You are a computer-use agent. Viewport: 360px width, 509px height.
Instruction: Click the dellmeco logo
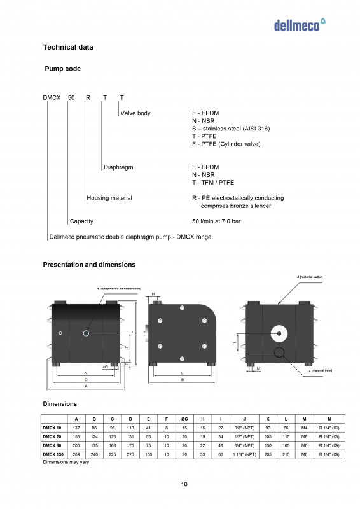coord(300,24)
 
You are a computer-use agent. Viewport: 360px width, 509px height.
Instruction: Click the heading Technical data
coord(67,48)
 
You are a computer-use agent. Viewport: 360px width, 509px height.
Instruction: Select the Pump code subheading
coord(62,69)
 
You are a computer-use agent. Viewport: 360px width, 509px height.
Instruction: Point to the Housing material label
coord(109,198)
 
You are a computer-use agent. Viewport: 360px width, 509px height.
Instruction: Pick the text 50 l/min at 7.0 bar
coord(216,221)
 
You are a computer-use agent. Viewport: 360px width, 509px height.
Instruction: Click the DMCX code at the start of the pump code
coord(52,98)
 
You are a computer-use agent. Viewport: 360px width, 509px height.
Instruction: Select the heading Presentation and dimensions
coord(89,265)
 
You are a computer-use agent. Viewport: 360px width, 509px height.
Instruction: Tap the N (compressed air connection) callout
coord(118,289)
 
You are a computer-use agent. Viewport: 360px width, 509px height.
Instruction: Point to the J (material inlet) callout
coord(320,370)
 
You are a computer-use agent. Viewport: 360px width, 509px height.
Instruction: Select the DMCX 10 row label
coord(52,428)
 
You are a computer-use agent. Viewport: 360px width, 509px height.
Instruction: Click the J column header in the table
coord(245,419)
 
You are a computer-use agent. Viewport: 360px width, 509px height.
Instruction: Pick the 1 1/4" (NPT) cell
coord(245,455)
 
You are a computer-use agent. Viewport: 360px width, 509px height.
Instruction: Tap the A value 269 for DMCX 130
coord(76,455)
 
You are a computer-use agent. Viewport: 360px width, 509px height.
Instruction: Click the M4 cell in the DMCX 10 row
coord(305,428)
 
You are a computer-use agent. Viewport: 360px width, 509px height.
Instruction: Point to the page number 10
coord(184,485)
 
